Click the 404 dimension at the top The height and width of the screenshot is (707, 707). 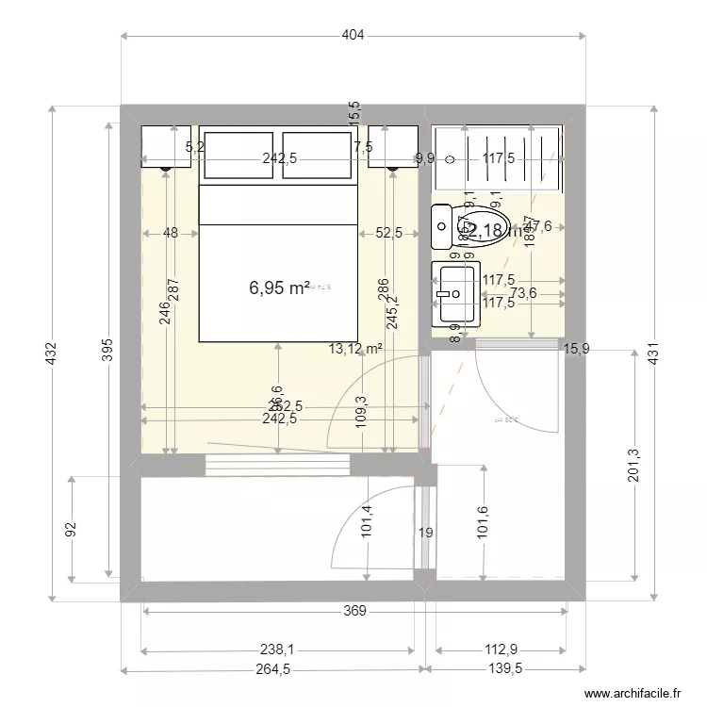(x=353, y=36)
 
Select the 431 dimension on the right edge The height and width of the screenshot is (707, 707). (x=652, y=353)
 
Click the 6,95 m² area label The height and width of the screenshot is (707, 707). (x=279, y=288)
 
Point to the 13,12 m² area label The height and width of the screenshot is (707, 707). (x=355, y=348)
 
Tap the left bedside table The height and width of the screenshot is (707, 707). (x=166, y=147)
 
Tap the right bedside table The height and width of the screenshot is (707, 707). (x=392, y=147)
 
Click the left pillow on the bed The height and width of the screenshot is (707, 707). (x=239, y=156)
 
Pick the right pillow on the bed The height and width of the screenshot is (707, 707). (x=317, y=156)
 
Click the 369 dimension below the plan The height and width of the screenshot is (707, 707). (x=353, y=611)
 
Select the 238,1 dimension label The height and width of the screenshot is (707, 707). (x=276, y=649)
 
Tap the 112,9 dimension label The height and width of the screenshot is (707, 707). (x=501, y=649)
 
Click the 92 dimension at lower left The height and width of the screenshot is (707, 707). (x=71, y=530)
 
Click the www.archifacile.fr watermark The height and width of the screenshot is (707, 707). (x=633, y=693)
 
